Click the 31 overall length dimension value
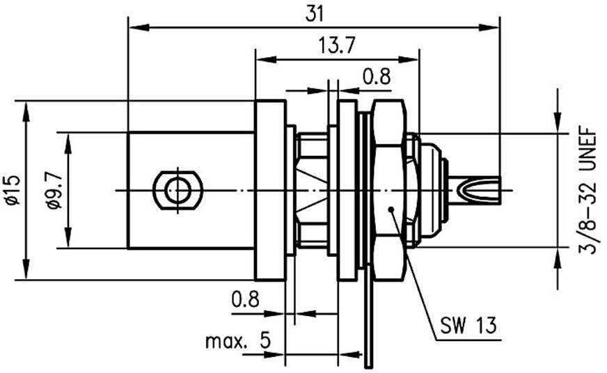click(x=315, y=13)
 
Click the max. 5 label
click(x=237, y=341)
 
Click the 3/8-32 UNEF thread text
click(x=589, y=189)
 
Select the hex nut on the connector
click(x=388, y=189)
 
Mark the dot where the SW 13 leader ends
click(x=392, y=208)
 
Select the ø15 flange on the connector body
click(x=271, y=190)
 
